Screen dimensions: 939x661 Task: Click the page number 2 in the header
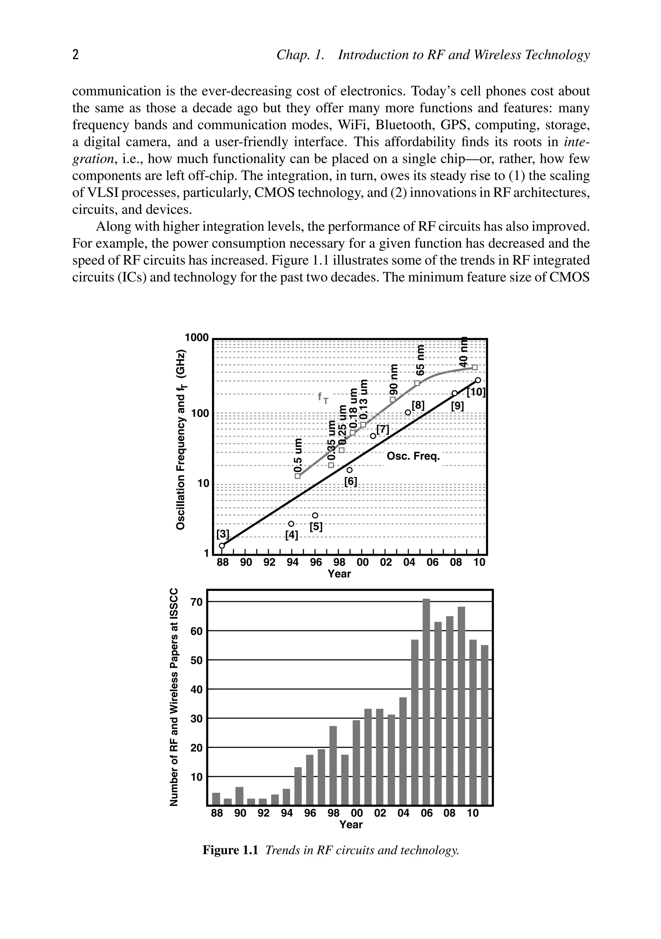point(75,55)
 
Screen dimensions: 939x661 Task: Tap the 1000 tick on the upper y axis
point(197,338)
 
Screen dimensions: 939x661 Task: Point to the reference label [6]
point(350,482)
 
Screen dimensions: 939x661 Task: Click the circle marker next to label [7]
point(373,436)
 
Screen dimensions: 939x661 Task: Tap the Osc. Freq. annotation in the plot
point(413,456)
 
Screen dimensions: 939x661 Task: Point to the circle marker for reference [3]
point(222,546)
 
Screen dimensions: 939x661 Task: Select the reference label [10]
point(476,393)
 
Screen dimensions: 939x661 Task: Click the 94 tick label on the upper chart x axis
point(292,563)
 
